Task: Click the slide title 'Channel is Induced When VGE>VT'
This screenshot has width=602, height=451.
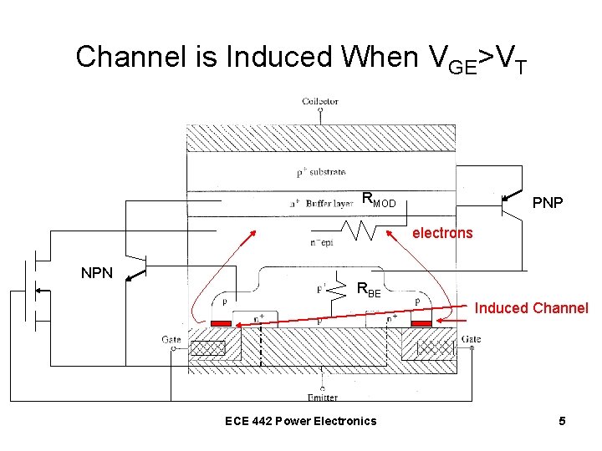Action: tap(301, 58)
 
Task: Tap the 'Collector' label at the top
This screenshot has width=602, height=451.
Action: tap(319, 101)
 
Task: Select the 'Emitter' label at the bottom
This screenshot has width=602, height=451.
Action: tap(321, 397)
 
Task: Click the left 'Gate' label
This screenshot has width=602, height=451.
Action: tap(171, 339)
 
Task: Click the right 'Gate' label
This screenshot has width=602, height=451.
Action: tap(471, 339)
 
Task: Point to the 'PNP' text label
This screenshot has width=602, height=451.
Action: tap(547, 203)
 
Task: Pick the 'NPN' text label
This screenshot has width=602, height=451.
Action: tap(97, 272)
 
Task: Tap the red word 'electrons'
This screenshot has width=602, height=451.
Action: tap(442, 233)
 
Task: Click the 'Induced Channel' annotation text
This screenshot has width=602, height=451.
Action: tap(531, 308)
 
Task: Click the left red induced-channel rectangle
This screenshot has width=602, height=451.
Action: tap(222, 323)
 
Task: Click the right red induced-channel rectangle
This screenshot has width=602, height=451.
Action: tap(421, 323)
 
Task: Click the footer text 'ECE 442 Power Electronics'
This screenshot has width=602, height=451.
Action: tap(301, 421)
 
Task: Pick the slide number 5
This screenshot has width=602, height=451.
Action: tap(562, 421)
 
